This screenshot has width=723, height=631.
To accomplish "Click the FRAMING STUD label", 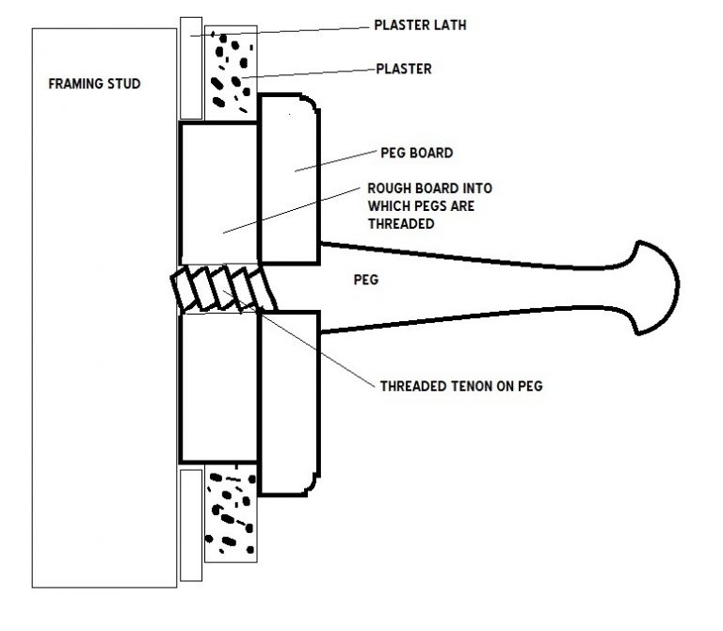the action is coord(94,84).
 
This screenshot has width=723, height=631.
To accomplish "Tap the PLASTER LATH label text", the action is coord(420,24).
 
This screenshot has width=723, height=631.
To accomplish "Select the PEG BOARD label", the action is coord(417,153).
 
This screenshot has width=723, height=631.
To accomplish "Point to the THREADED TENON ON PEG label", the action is coord(461,386).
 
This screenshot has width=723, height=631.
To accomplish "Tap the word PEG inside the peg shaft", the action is coord(366,280).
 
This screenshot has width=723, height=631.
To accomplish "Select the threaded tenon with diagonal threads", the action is coord(224,288).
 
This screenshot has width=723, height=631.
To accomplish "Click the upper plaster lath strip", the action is coord(191,68).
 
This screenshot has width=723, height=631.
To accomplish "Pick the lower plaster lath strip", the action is coord(191,526).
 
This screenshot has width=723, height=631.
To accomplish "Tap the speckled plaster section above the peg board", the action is coord(231,73).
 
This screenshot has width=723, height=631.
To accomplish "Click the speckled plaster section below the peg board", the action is coord(231,513).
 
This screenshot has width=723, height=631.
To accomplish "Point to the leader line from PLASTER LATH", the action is coord(280,31).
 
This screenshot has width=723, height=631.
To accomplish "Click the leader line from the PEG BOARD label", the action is coord(336,161).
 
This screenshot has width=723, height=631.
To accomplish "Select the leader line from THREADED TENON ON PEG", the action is coord(298,338).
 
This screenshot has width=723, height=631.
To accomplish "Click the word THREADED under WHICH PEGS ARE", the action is coord(401,224).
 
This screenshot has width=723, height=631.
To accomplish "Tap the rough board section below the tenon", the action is coord(219,387).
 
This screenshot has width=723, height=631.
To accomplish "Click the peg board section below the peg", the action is coord(289,404).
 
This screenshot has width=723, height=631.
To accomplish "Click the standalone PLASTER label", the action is coord(404,69).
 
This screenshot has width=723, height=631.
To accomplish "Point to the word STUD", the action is coord(123,84).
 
